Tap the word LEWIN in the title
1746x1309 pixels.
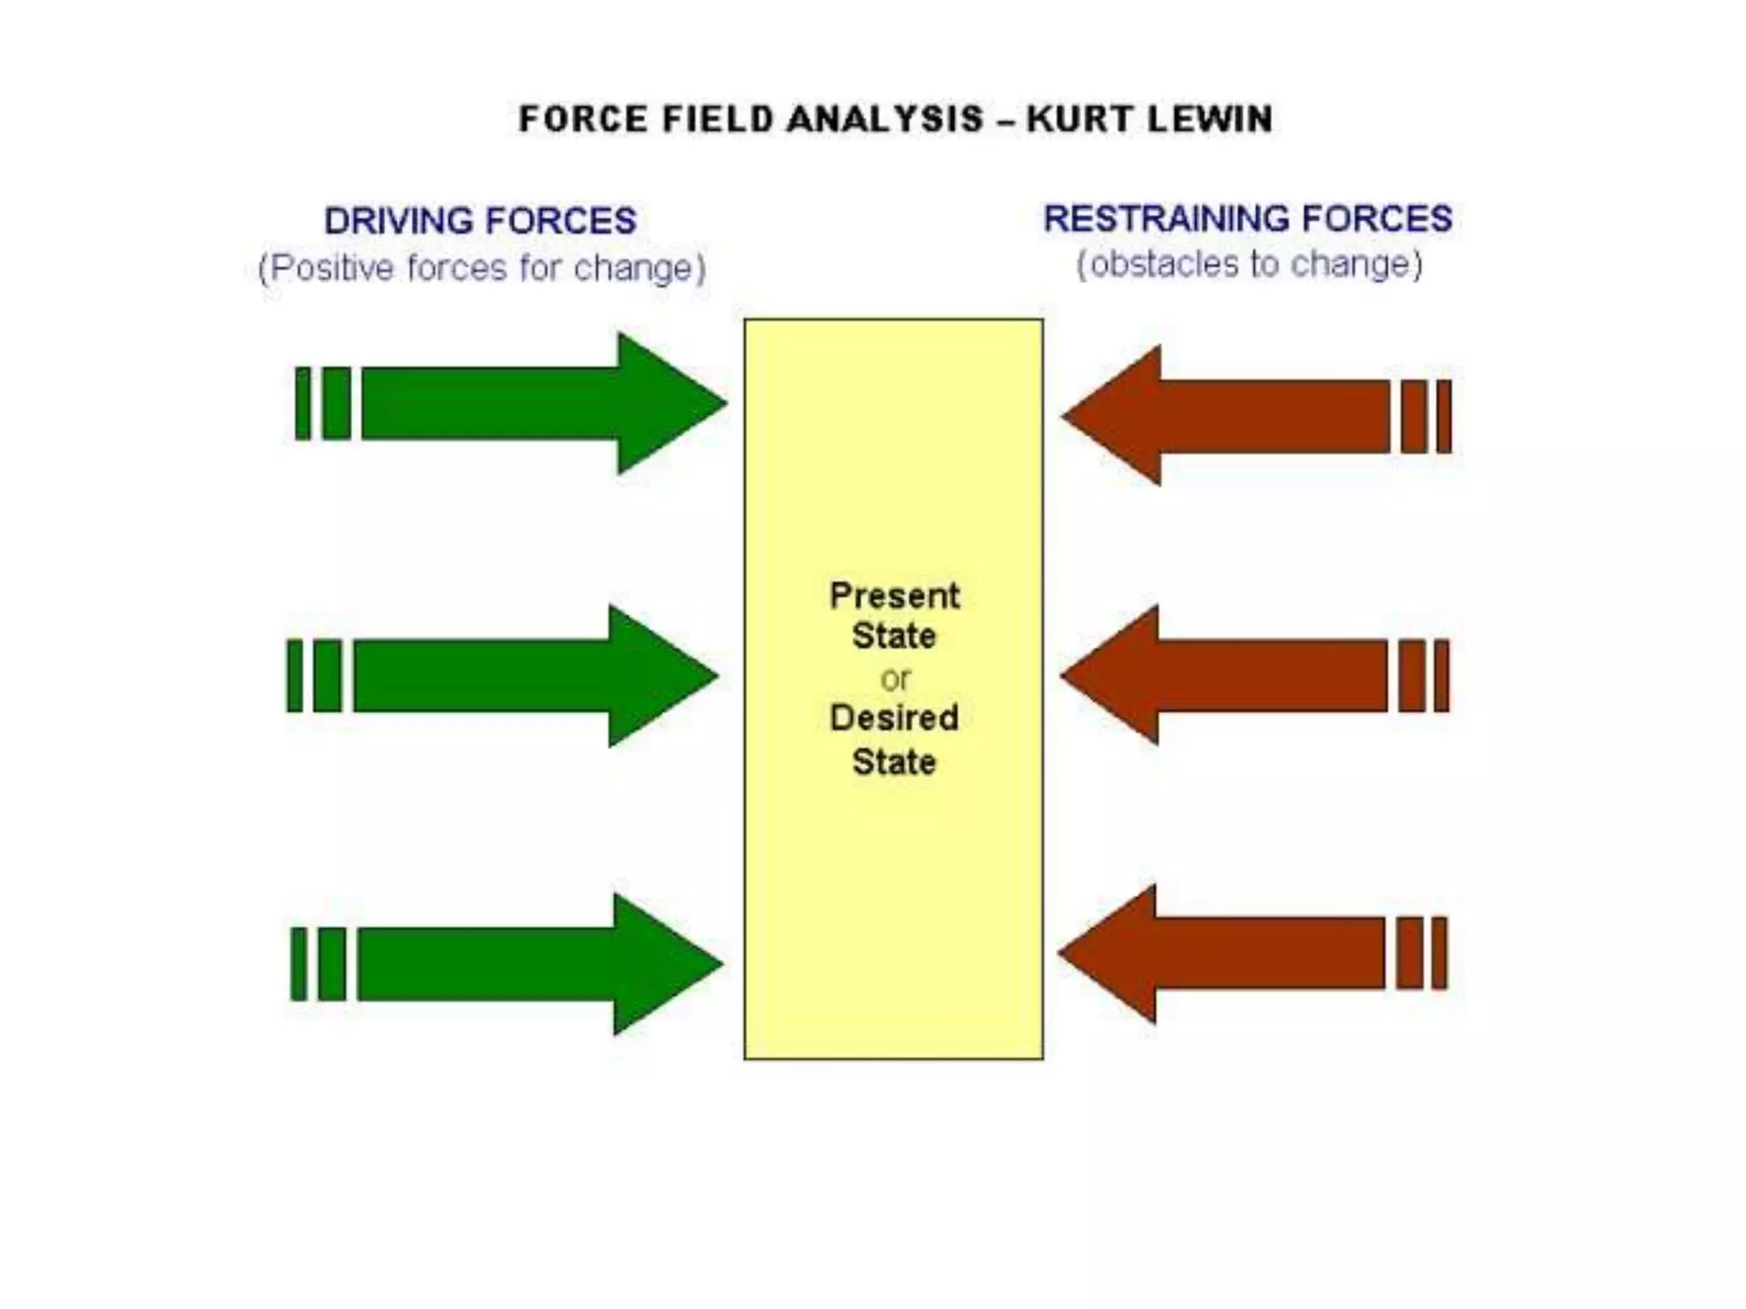pos(1210,119)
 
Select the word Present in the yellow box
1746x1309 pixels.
pos(894,596)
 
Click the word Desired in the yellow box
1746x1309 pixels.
pos(894,718)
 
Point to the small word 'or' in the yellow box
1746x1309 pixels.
pos(895,679)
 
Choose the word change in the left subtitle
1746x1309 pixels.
pos(634,268)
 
